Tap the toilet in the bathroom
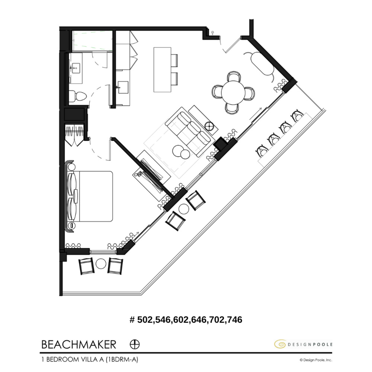pyautogui.click(x=79, y=96)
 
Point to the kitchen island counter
pyautogui.click(x=162, y=69)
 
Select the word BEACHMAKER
pyautogui.click(x=78, y=344)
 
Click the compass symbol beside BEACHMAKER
pyautogui.click(x=135, y=344)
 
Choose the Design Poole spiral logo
pyautogui.click(x=280, y=344)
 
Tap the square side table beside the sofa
pyautogui.click(x=210, y=126)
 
